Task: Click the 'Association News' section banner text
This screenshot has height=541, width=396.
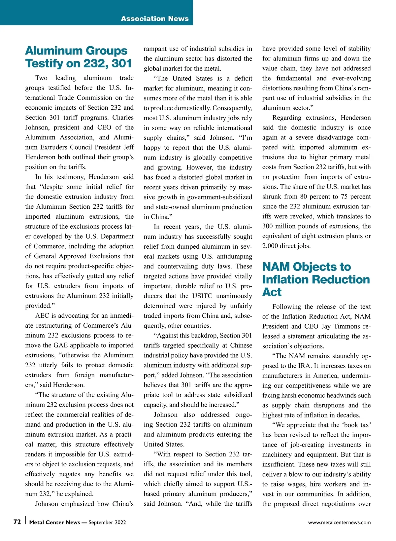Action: (155, 18)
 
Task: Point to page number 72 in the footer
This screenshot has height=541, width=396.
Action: (17, 522)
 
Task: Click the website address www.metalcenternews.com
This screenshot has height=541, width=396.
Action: (339, 523)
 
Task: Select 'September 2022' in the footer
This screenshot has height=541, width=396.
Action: (107, 523)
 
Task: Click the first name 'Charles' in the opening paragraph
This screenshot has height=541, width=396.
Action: (123, 118)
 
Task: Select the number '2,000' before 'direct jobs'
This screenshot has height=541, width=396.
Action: (270, 246)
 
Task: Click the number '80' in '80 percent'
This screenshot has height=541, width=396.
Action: (304, 197)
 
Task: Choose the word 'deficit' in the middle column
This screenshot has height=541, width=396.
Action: (243, 78)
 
